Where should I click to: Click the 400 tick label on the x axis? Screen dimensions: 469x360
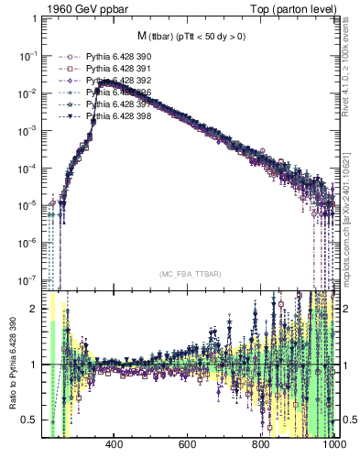(115, 445)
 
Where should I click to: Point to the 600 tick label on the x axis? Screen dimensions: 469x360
(188, 445)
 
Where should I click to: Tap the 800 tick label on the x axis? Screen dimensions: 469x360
(261, 445)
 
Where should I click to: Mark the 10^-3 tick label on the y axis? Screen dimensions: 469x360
(28, 130)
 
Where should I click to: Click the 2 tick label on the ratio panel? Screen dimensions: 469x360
(36, 309)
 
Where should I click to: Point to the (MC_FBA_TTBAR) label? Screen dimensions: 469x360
(188, 274)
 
